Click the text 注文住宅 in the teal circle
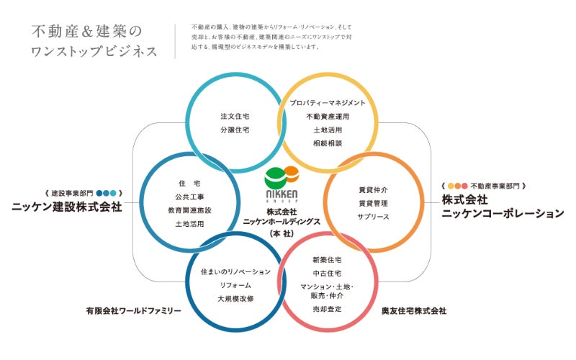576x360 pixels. click(x=234, y=115)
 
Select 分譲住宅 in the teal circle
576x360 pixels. click(x=234, y=130)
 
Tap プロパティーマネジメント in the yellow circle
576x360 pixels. click(x=328, y=103)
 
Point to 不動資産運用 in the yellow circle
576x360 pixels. click(x=328, y=117)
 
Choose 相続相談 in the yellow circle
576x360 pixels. click(x=328, y=144)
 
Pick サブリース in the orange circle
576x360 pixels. click(x=373, y=216)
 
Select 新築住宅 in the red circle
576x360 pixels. click(x=328, y=259)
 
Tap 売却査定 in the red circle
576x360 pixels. click(x=328, y=308)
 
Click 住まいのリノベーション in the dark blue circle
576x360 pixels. click(x=237, y=271)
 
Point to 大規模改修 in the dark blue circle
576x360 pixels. click(x=237, y=298)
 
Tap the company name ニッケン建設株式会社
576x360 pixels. click(x=67, y=207)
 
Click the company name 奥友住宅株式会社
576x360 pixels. click(x=414, y=311)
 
